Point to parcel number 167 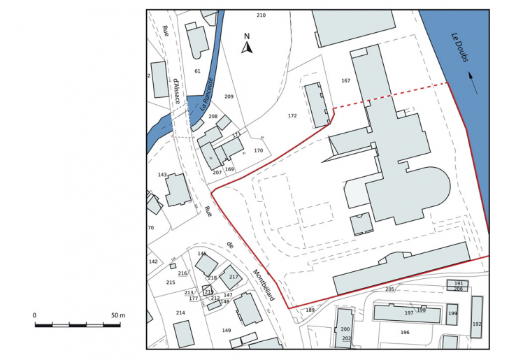pos(345,81)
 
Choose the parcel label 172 pos(292,116)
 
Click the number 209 pos(229,96)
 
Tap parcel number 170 pos(258,151)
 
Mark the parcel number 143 pos(162,175)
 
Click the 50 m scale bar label pos(117,316)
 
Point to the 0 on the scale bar pos(34,316)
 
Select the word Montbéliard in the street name pos(264,285)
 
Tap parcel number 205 pos(389,289)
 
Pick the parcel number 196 pos(404,333)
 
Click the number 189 pos(310,310)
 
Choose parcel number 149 pos(227,331)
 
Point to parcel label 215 pos(171,282)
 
